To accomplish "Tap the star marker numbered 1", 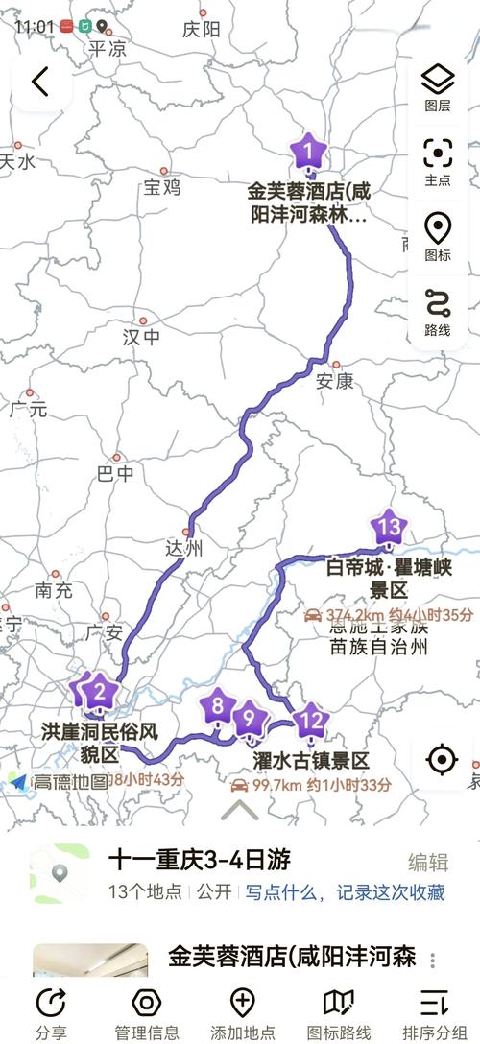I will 308,152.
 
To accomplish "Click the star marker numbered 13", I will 389,527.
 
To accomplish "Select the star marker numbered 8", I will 219,707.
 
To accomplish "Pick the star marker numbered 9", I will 249,717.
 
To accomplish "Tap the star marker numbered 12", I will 310,719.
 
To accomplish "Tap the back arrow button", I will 39,83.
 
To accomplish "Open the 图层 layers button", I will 438,86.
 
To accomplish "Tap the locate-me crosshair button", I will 442,759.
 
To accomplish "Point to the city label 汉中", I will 142,338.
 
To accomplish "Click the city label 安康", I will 335,381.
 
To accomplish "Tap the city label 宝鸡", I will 161,188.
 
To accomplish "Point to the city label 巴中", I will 116,473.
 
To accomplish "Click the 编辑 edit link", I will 428,861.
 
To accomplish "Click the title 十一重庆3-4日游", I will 200,859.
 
